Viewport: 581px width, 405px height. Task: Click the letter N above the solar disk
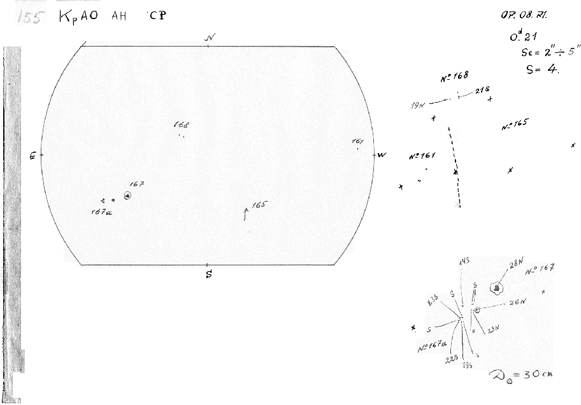tap(210, 38)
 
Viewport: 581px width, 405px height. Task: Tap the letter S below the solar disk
tap(208, 275)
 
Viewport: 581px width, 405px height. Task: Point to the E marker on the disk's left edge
tap(32, 156)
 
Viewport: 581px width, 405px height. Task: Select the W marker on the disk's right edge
tap(382, 155)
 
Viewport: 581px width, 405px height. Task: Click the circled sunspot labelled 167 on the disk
tap(129, 196)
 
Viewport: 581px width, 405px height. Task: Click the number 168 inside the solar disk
tap(182, 126)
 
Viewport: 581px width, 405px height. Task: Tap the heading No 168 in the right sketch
tap(454, 78)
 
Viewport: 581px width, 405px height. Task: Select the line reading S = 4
tap(542, 70)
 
